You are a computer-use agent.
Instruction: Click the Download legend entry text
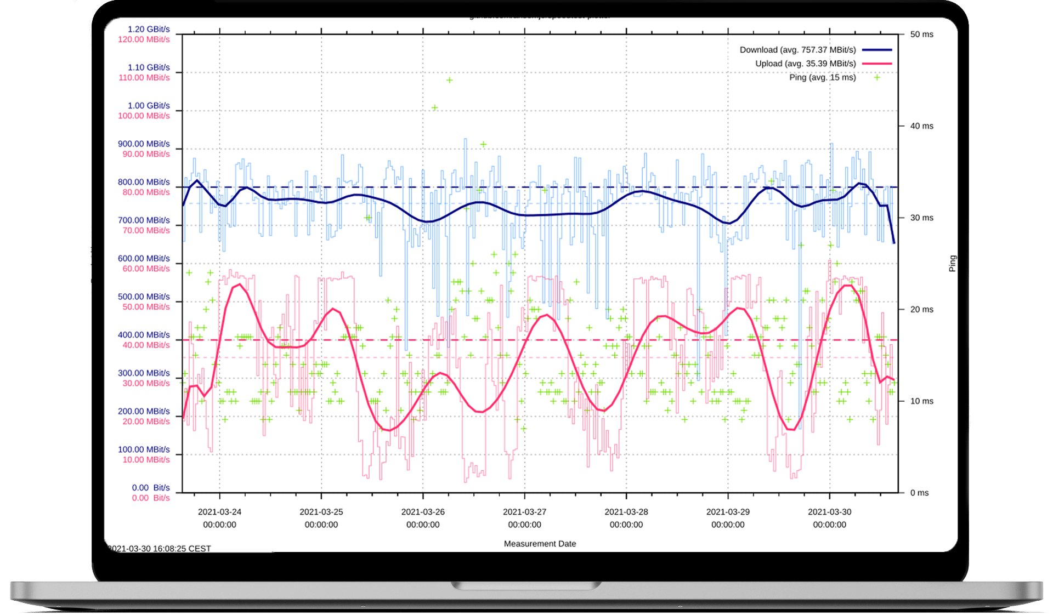[x=797, y=50]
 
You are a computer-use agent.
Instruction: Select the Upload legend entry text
[x=805, y=64]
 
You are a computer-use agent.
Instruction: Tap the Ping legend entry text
[x=822, y=77]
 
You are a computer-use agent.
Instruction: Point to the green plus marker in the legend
[x=877, y=77]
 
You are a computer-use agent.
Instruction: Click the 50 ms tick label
[x=921, y=35]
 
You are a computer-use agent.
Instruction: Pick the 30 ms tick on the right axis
[x=921, y=218]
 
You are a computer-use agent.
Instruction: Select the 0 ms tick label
[x=919, y=493]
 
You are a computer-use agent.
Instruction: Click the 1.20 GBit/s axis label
[x=149, y=29]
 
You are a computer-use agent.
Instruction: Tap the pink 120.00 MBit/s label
[x=144, y=39]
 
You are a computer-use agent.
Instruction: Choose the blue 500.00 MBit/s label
[x=144, y=297]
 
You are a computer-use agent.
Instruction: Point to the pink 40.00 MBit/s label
[x=146, y=345]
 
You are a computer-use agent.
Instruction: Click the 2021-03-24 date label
[x=219, y=512]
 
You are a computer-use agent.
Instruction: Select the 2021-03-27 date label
[x=524, y=512]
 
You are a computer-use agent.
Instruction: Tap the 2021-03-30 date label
[x=829, y=512]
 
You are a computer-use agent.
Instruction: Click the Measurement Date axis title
[x=540, y=544]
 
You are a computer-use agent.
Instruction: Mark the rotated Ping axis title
[x=953, y=263]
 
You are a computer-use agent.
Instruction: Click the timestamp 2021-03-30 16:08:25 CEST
[x=159, y=549]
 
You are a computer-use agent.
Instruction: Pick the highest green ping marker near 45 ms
[x=449, y=80]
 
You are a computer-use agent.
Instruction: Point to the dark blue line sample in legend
[x=876, y=50]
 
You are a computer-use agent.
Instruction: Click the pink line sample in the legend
[x=876, y=64]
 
